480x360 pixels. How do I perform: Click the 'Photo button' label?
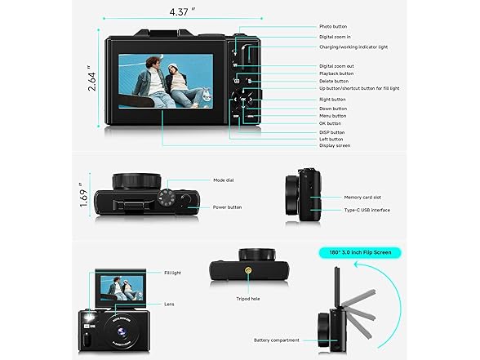tap(332, 27)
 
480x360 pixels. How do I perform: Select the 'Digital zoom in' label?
tap(335, 37)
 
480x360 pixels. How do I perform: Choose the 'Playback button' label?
tap(336, 73)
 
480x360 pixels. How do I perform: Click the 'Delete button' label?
tap(333, 82)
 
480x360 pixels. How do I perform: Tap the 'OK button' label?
tap(331, 123)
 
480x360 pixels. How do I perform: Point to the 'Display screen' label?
tap(334, 146)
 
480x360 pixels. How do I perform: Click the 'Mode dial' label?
tap(224, 180)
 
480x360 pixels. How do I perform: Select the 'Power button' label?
tap(228, 207)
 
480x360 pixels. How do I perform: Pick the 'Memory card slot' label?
tap(362, 197)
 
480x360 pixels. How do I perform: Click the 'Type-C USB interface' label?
tap(367, 210)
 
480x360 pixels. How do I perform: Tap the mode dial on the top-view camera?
tap(167, 198)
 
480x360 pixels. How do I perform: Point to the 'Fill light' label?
tap(172, 273)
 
